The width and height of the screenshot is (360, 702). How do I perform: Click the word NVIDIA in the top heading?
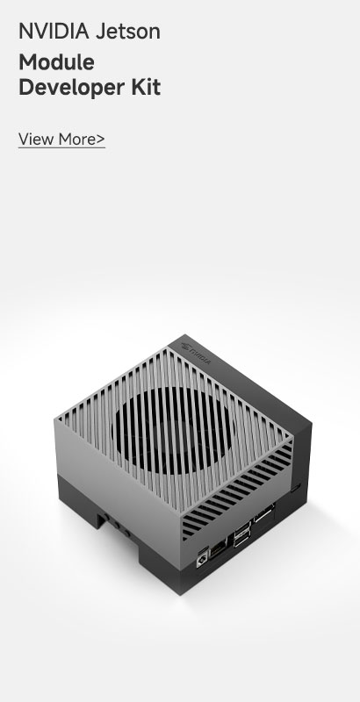click(54, 32)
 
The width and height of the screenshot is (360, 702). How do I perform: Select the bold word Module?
click(56, 61)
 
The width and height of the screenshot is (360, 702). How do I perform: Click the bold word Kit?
click(146, 87)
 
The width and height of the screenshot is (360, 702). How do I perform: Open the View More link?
click(61, 140)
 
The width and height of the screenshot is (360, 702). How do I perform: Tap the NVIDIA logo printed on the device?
click(195, 352)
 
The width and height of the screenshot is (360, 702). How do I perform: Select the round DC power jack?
click(202, 560)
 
